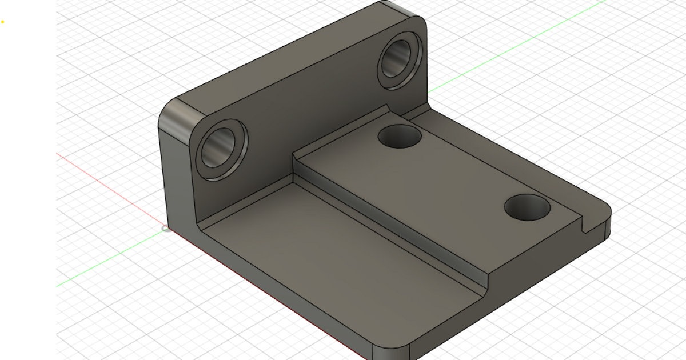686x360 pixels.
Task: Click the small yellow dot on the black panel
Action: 3,22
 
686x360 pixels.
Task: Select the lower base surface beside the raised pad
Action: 320,251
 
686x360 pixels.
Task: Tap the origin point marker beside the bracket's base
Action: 166,229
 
